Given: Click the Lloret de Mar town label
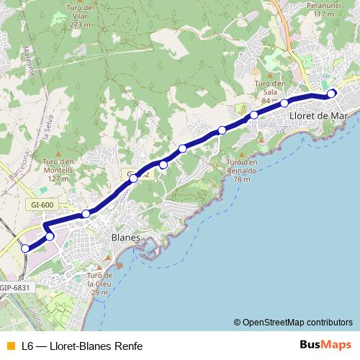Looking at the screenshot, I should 318,115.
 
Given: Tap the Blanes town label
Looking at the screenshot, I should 125,237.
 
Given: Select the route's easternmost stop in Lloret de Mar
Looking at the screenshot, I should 331,94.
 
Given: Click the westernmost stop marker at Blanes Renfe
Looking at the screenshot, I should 25,248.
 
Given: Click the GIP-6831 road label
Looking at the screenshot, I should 14,287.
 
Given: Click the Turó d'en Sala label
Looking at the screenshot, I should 270,91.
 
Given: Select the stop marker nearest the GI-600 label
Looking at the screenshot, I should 86,213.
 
